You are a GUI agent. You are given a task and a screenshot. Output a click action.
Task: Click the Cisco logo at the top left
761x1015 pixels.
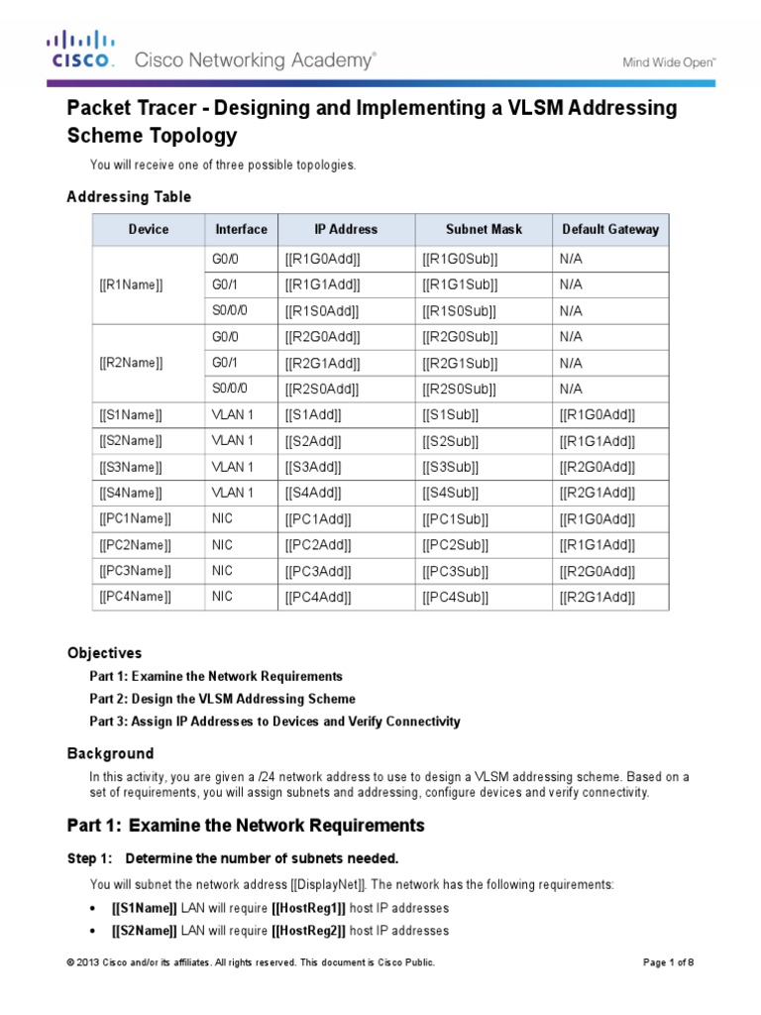click(x=81, y=51)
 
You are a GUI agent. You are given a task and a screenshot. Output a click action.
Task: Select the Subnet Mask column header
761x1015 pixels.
click(x=484, y=229)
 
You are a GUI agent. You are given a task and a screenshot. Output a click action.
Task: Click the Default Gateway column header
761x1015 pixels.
click(x=609, y=229)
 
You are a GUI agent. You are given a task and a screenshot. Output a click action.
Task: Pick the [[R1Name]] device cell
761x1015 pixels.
click(x=131, y=284)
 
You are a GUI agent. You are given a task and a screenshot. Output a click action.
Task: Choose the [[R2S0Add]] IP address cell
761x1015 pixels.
click(x=322, y=389)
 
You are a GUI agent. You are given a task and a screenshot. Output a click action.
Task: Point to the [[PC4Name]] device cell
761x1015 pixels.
click(x=136, y=597)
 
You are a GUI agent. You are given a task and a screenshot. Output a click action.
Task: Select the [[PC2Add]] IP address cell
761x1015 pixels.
click(x=319, y=544)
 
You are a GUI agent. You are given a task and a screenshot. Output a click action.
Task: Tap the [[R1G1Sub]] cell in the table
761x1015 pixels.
click(x=460, y=284)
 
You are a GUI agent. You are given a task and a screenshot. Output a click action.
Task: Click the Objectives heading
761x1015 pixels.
click(x=104, y=653)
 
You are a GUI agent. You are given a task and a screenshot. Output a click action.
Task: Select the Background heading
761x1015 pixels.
click(x=110, y=753)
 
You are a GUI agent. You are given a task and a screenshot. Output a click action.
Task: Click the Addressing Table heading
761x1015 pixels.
click(x=129, y=197)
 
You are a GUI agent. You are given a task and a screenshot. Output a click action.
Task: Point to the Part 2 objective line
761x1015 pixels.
click(x=222, y=699)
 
